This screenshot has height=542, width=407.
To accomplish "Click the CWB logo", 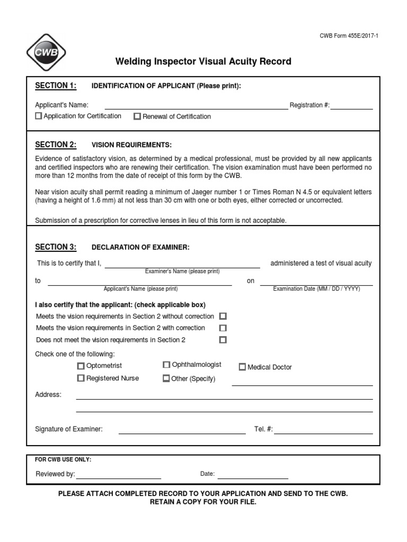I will pos(46,52).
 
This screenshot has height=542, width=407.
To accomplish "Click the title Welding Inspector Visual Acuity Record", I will pos(203,61).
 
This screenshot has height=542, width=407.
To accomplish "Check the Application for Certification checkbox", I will pos(38,116).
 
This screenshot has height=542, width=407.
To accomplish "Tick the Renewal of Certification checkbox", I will pos(137,116).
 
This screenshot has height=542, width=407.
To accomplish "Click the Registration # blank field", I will pos(351,105).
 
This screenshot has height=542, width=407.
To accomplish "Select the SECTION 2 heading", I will pos(56,144).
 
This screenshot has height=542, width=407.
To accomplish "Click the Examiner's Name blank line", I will pos(182,264).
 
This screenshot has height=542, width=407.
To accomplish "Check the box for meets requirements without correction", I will pos(223,316).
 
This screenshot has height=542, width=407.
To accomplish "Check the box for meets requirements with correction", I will pos(223,328).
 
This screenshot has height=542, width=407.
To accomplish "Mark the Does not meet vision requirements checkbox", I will pos(223,340).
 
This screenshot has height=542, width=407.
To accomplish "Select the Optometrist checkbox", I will pos(81,366).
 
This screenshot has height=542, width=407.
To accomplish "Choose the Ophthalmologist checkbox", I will pos(166,365).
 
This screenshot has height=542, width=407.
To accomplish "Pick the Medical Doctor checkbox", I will pos(242,367).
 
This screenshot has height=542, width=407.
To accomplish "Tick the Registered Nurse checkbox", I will pos(81,378).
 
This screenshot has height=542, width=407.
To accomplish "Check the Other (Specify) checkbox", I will pos(166,378).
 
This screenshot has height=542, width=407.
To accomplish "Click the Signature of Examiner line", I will pos(182,430).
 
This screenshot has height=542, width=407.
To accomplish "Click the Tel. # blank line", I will pos(323,430).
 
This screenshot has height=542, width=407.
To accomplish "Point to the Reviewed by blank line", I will pos(118,475).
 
